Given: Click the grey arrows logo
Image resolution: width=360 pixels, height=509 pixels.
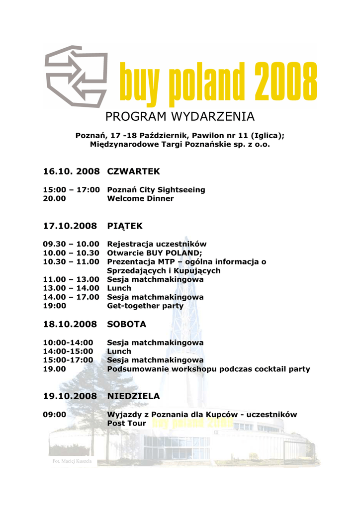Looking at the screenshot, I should (76, 75).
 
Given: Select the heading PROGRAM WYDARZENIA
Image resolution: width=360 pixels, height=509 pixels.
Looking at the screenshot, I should (180, 117).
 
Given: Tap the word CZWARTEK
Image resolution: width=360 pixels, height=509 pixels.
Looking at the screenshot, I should (133, 171).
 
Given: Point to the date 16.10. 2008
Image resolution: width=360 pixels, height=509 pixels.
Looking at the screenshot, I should (71, 171).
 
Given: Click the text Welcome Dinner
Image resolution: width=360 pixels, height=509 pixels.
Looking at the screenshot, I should (140, 198).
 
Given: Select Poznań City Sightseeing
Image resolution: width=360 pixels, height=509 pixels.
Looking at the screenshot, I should (156, 190).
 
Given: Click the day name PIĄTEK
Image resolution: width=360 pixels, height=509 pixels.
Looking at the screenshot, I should (125, 226).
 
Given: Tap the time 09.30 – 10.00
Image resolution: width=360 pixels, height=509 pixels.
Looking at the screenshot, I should (71, 244).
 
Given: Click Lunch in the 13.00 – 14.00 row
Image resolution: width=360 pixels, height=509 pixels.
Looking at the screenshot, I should (119, 288).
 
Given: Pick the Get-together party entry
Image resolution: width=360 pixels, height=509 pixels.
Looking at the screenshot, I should (145, 306).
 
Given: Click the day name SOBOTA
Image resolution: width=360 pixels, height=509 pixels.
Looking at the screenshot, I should (127, 324).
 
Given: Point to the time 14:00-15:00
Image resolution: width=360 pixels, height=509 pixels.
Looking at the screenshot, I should (68, 351).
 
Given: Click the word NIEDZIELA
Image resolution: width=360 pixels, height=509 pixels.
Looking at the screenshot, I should (133, 396).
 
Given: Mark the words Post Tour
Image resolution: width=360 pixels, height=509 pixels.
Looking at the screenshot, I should (127, 423).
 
